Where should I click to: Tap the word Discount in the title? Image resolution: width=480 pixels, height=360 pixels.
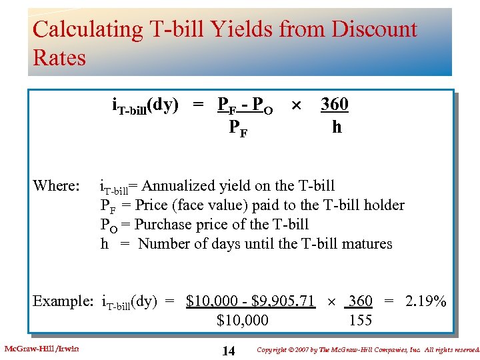[x=375, y=29]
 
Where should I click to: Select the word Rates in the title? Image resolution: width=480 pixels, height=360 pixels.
[x=59, y=58]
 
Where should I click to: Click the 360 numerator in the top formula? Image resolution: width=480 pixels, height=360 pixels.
[x=335, y=105]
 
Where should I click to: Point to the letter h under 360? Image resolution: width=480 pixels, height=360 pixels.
[x=337, y=127]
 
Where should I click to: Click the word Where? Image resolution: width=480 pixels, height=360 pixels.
[x=57, y=185]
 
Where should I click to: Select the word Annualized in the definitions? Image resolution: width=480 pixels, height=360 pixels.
[x=180, y=185]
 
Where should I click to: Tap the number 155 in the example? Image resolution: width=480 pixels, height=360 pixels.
[x=361, y=321]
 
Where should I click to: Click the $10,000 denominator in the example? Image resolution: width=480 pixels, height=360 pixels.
[x=243, y=321]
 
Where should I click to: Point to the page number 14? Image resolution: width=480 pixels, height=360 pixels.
[x=228, y=351]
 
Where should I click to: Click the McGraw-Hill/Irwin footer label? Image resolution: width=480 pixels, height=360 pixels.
[x=41, y=349]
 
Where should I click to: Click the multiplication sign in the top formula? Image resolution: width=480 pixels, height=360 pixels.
[x=297, y=105]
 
